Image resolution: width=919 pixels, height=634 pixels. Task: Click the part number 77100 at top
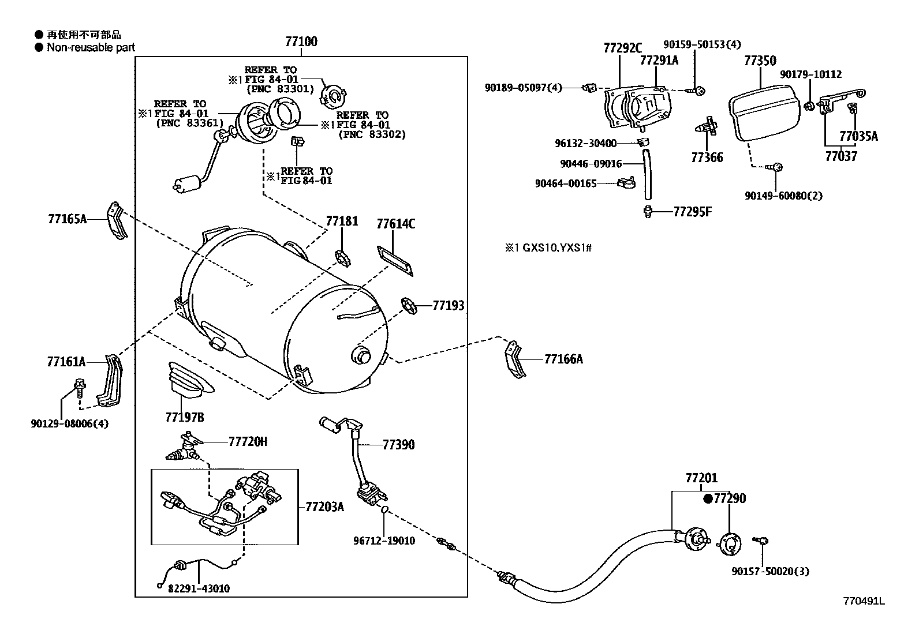click(x=301, y=42)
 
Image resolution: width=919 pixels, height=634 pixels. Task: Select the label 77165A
click(x=67, y=219)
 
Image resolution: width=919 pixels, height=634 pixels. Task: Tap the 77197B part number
click(x=184, y=417)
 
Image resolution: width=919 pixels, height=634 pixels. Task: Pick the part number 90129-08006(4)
click(x=70, y=423)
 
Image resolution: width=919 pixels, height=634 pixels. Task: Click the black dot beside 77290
click(x=708, y=498)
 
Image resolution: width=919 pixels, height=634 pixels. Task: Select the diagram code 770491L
click(x=863, y=601)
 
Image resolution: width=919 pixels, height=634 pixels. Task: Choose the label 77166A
click(x=563, y=359)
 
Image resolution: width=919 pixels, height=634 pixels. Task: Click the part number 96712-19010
click(x=384, y=541)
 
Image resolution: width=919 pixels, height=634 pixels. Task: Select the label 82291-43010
click(x=199, y=588)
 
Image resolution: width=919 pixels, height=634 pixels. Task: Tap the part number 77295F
click(x=692, y=212)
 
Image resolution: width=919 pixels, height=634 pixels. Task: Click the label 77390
click(x=398, y=445)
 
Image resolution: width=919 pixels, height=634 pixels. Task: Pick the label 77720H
click(x=248, y=442)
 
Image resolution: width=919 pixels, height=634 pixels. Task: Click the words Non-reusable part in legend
click(x=91, y=47)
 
